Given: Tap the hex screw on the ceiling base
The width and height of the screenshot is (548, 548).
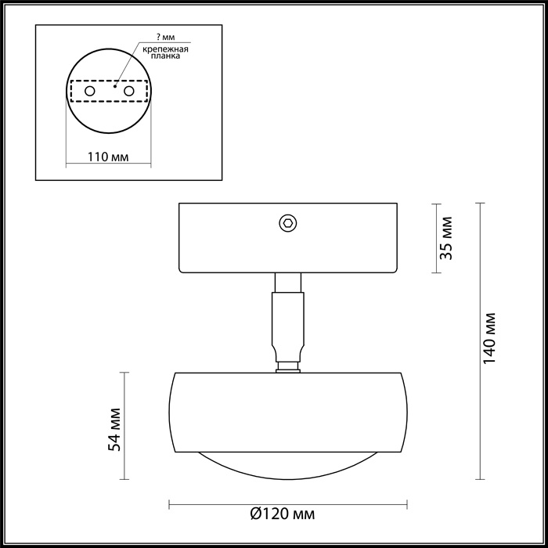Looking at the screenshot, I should click(x=287, y=223).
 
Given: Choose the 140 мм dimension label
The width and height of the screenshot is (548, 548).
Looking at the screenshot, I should click(x=491, y=340).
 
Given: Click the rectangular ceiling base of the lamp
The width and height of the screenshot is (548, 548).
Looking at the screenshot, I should click(x=235, y=239).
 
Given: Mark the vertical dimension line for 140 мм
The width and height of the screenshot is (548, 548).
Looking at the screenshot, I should click(x=479, y=340).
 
